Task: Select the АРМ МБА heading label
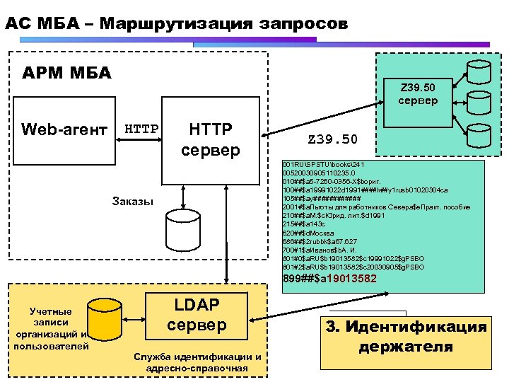click(67, 73)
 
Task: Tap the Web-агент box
click(64, 129)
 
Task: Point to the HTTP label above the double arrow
click(141, 129)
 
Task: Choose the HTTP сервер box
click(211, 139)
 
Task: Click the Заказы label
click(132, 201)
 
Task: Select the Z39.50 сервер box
click(418, 94)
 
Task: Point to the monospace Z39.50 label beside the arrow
click(332, 139)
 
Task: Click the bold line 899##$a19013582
click(329, 279)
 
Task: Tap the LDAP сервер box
click(197, 314)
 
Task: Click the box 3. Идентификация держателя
click(406, 337)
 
